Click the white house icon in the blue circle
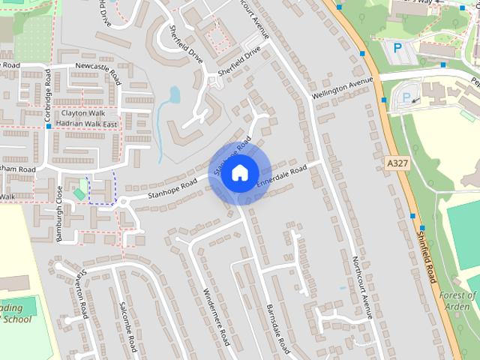pos(239,172)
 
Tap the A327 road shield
pos(397,163)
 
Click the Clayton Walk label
pos(84,113)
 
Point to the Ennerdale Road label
pos(282,177)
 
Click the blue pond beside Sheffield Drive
pos(174,95)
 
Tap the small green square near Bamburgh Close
pos(79,194)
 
